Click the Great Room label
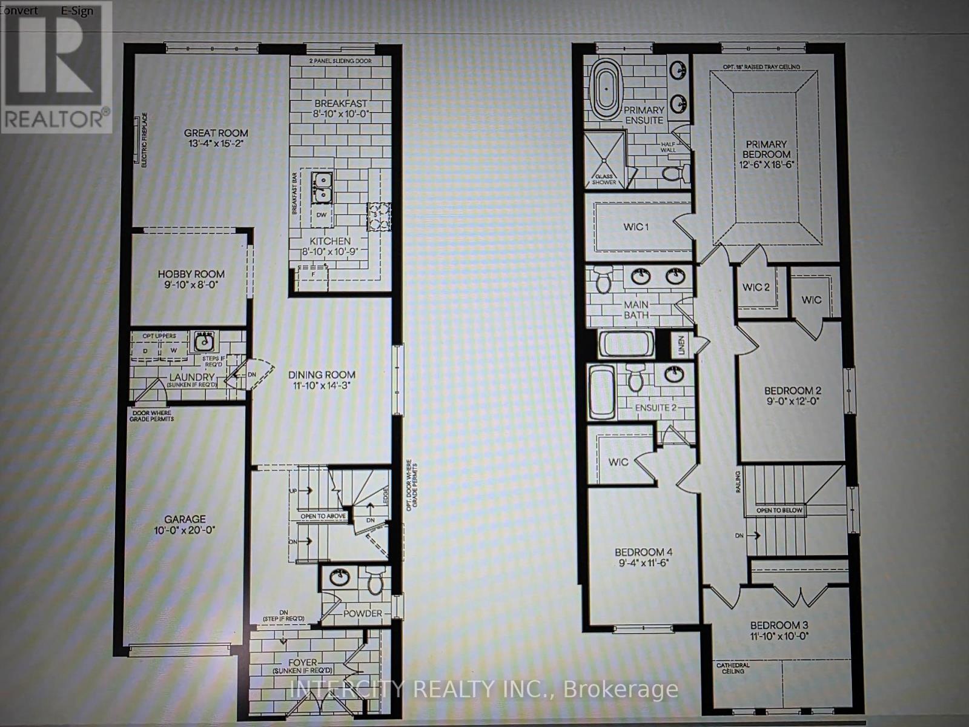(216, 133)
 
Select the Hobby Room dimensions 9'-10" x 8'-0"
(191, 284)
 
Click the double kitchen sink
(321, 187)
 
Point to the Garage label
(185, 519)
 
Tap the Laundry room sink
(203, 342)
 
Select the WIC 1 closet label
(636, 227)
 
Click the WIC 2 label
(756, 287)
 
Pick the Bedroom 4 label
(643, 552)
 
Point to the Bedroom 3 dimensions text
(779, 636)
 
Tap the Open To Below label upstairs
(779, 510)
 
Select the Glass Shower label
(604, 179)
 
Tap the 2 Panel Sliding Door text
(340, 61)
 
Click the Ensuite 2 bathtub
(602, 392)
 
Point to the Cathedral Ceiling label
(733, 668)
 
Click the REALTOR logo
(56, 66)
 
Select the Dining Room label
(322, 374)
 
